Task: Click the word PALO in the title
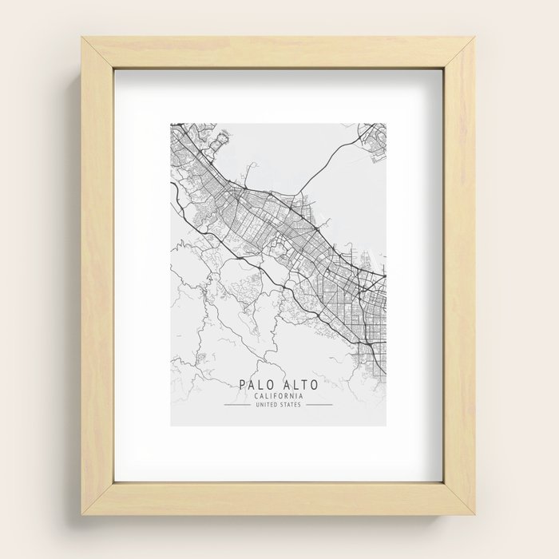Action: click(257, 386)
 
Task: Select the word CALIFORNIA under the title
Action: click(279, 397)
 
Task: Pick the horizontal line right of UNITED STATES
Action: click(319, 406)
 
